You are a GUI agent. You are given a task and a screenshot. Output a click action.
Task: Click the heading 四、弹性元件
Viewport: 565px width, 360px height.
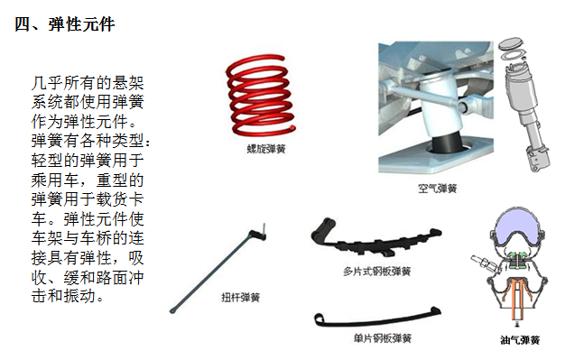(x=65, y=25)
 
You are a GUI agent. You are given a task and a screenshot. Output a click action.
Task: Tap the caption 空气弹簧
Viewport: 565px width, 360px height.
(x=437, y=189)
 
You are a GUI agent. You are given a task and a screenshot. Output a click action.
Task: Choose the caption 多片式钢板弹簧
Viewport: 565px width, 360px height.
(x=376, y=271)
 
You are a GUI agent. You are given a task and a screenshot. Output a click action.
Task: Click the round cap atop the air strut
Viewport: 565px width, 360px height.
(x=511, y=43)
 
